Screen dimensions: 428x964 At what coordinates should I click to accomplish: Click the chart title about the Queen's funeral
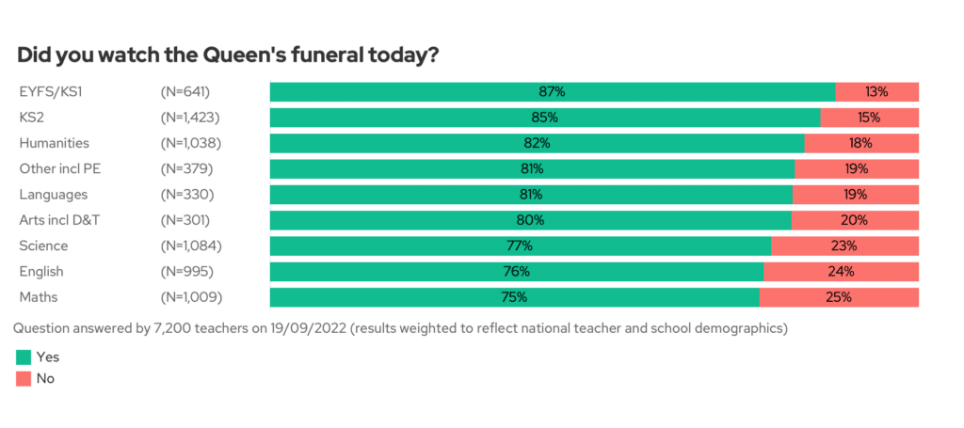[x=228, y=55]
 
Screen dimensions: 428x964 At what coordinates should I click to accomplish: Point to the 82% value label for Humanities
[x=537, y=143]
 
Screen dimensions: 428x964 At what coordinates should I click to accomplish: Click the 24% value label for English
[x=841, y=272]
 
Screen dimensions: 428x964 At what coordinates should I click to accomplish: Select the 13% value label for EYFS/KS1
[x=877, y=92]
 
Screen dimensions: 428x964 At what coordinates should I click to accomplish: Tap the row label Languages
[x=54, y=195]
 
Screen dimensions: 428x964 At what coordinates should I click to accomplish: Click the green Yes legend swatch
[x=24, y=357]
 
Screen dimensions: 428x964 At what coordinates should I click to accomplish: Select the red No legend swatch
[x=24, y=378]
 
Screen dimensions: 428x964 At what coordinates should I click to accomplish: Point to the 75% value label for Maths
[x=514, y=297]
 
